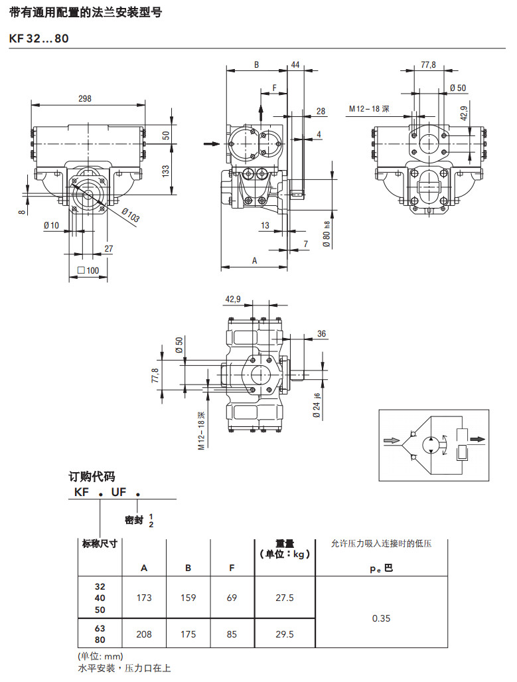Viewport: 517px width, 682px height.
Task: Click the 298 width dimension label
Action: point(85,99)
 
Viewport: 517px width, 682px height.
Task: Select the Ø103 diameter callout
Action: point(131,215)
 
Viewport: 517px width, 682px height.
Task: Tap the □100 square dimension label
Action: point(88,270)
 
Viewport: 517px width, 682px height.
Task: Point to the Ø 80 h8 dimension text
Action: point(327,234)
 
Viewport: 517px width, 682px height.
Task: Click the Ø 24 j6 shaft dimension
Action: point(317,405)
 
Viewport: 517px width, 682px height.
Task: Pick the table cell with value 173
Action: point(144,598)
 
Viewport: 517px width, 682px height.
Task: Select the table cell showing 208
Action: point(144,634)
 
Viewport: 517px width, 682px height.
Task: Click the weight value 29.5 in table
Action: point(284,634)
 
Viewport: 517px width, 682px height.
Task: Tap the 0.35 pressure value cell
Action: point(382,618)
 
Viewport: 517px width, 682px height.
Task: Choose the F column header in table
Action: point(232,568)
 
